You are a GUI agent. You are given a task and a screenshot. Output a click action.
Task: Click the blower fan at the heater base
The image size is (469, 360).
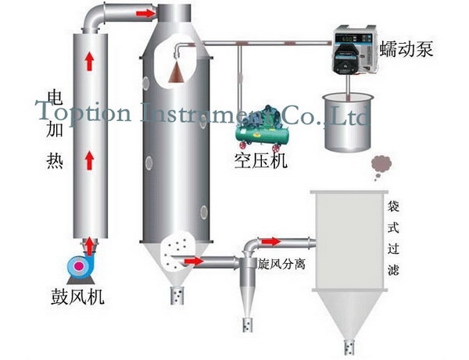click(81, 266)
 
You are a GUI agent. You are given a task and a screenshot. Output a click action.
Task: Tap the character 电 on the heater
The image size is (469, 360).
click(55, 98)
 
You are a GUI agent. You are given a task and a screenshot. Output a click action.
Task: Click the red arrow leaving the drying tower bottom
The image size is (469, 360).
click(193, 261)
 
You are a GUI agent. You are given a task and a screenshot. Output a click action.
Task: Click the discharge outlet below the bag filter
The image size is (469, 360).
click(350, 344)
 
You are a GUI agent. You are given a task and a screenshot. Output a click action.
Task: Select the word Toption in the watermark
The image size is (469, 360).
click(86, 115)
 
